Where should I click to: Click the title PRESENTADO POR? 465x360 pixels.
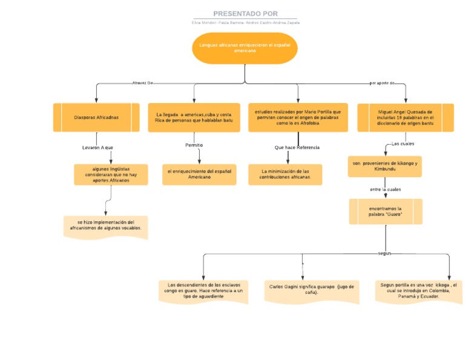245,13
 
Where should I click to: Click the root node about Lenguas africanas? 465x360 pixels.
245,48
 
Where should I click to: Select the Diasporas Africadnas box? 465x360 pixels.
96,117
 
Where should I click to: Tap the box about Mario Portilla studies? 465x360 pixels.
298,117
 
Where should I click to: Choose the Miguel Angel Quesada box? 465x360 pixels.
405,117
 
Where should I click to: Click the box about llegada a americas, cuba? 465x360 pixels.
194,117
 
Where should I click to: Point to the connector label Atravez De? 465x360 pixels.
142,83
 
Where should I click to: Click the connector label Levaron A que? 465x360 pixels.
97,147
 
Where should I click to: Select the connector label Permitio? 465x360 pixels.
194,145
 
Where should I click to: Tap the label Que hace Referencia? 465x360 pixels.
297,147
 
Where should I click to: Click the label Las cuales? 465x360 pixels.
403,144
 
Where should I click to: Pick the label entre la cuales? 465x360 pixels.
385,189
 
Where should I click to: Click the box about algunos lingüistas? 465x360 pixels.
111,175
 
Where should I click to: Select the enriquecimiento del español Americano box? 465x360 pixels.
199,174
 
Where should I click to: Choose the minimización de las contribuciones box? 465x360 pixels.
285,175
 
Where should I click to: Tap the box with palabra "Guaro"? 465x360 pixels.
386,212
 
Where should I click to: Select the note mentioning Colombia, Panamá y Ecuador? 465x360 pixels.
418,290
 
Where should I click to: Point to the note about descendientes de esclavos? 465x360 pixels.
203,291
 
